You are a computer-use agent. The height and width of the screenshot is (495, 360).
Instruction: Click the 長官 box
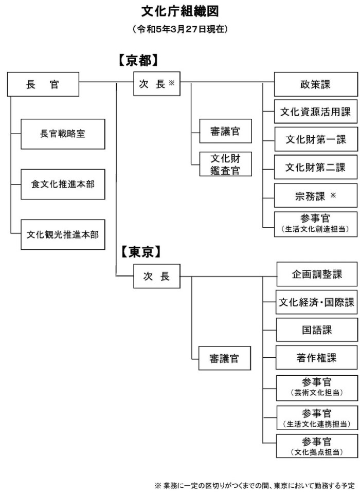43,84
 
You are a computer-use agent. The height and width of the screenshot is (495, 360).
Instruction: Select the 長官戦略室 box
63,134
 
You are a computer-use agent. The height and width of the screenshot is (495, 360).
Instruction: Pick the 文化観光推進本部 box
63,234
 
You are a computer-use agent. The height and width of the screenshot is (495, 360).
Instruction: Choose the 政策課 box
315,84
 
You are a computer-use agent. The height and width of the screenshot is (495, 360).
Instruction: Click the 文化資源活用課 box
315,112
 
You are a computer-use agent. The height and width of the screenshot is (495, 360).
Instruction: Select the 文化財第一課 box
315,139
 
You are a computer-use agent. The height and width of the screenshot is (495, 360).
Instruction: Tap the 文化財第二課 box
315,167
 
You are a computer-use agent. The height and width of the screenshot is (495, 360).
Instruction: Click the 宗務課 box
315,195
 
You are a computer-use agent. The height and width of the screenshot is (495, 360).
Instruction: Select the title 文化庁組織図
180,11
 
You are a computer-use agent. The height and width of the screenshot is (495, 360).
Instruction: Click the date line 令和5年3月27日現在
180,29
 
